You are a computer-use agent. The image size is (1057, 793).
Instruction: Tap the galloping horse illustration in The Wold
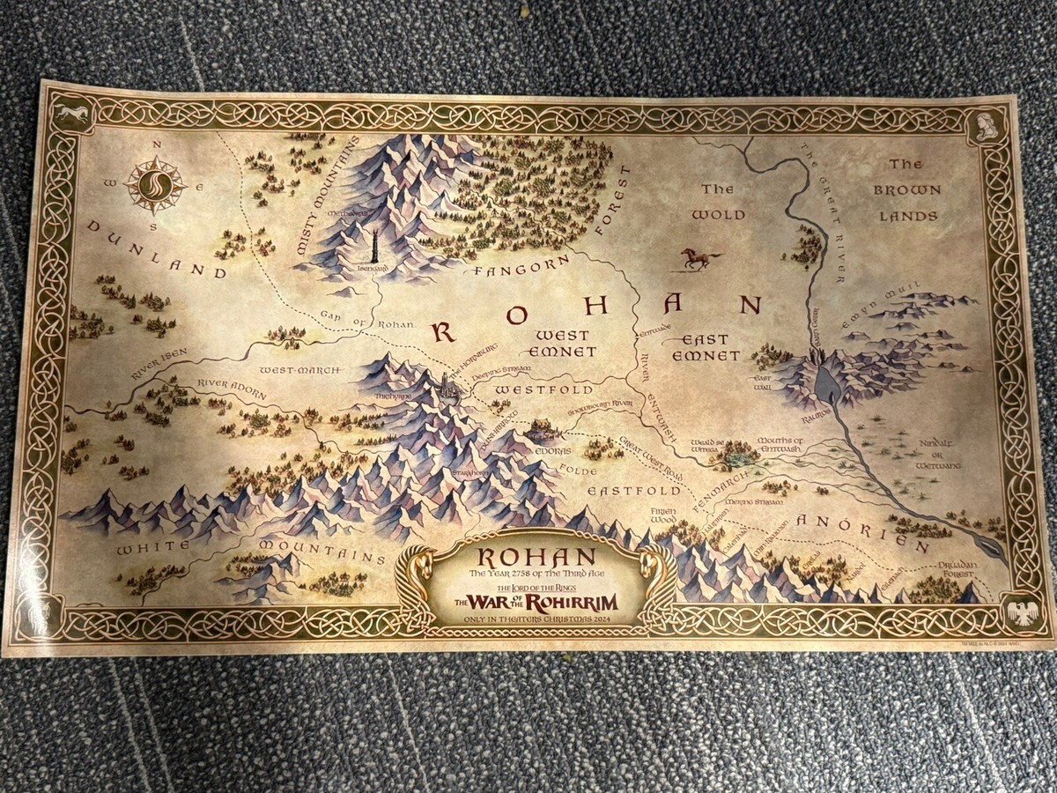[700, 257]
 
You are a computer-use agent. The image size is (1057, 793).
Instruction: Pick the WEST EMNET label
[561, 344]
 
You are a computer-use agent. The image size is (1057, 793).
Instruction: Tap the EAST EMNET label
[706, 347]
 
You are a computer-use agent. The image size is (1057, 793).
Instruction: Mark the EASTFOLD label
[635, 490]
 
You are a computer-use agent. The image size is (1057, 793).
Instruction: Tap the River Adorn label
[231, 389]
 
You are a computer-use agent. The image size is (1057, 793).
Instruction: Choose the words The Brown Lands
[906, 189]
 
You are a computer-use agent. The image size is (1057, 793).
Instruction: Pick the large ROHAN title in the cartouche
[527, 558]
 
